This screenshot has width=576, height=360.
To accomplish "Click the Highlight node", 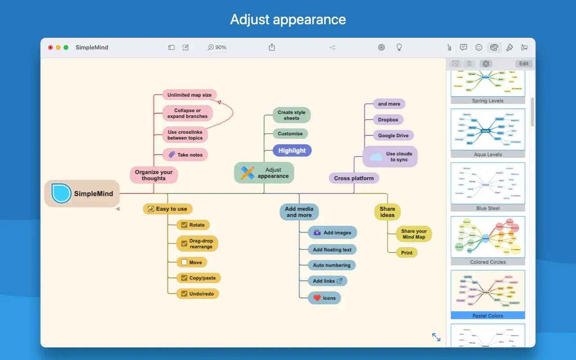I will coord(292,151).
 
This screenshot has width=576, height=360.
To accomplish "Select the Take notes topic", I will coord(185,155).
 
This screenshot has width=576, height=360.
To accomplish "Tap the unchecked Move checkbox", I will coord(184,262).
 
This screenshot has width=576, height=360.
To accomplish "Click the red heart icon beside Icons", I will coord(317,298).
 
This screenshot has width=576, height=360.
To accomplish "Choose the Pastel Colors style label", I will coord(488,315).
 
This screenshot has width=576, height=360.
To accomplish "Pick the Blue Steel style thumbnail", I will coord(488,184).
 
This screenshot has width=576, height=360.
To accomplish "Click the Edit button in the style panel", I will coord(524,64).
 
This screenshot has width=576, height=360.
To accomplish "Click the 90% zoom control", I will coord(217,47).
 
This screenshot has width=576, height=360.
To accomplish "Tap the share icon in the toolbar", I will coord(272,47).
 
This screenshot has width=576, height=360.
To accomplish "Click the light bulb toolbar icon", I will coord(399,47).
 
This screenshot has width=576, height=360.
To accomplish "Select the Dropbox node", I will coord(388,120).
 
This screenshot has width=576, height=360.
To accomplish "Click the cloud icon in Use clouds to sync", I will coord(376,157).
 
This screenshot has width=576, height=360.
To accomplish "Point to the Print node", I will coord(406,253).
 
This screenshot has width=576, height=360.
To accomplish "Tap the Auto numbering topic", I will coord(332,265).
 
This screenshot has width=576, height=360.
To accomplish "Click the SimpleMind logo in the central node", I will coord(61,193).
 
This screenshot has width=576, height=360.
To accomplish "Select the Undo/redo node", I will coord(198,294).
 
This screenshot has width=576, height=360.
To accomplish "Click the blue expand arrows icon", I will coord(436,337).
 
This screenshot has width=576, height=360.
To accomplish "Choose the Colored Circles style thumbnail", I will coord(488,237).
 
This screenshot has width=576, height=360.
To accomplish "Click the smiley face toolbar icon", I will coord(479,47).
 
